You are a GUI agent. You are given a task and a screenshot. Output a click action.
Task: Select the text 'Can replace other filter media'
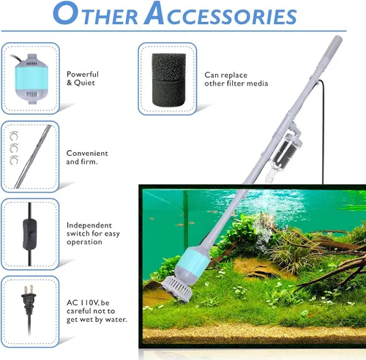(x=236, y=78)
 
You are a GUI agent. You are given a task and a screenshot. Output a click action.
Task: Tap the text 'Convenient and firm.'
(x=87, y=157)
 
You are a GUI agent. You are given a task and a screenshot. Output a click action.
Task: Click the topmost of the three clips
(x=15, y=135)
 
